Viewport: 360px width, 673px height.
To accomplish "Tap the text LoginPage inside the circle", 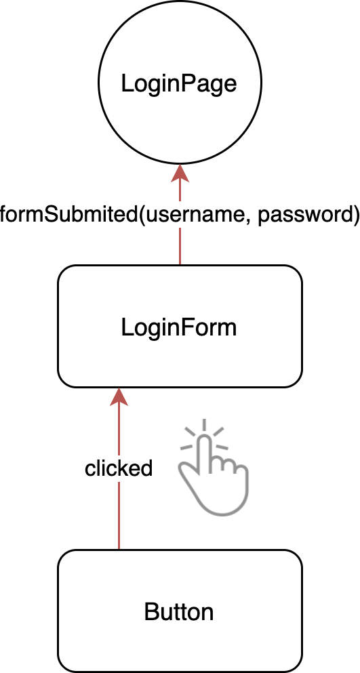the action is point(179,84).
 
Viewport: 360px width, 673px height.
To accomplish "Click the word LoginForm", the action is point(179,328).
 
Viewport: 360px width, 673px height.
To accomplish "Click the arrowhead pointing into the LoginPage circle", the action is point(180,173).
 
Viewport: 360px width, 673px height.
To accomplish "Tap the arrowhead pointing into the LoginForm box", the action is point(119,396).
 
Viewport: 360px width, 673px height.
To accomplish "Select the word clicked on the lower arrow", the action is point(119,468).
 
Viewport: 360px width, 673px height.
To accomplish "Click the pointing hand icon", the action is point(214,468).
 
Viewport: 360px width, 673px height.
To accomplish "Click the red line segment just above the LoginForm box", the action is point(180,247).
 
